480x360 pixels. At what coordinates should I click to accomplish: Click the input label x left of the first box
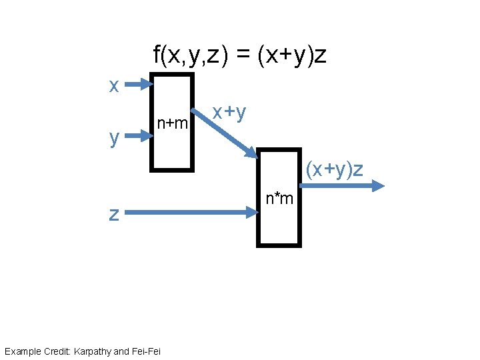point(114,86)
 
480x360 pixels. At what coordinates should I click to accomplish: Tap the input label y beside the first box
point(115,138)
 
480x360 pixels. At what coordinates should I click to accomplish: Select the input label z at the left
point(114,213)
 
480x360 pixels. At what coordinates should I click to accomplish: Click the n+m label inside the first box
point(172,123)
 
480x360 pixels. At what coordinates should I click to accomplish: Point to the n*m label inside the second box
point(279,198)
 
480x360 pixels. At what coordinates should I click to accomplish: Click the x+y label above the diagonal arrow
point(229,112)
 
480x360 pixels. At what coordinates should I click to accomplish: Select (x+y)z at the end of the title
point(291,55)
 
